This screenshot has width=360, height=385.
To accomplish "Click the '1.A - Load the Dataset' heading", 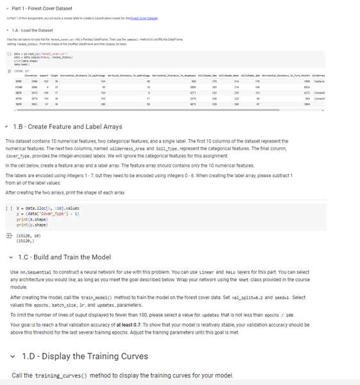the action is (x=33, y=30).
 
